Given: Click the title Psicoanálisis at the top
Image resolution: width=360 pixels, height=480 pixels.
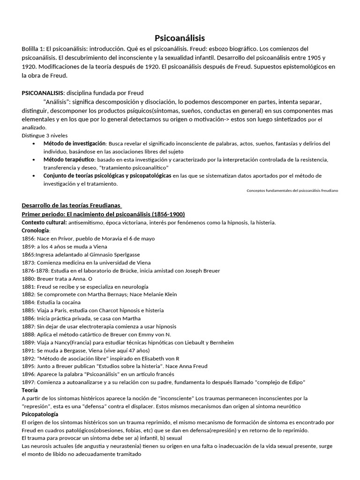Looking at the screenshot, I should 180,38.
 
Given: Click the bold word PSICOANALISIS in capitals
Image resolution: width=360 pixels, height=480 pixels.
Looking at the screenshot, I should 41,93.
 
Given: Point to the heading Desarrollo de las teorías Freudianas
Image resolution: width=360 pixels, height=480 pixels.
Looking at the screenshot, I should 72,205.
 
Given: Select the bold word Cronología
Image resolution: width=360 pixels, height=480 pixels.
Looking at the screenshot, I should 35,230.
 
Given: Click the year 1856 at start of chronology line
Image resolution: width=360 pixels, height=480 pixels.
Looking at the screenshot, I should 28,238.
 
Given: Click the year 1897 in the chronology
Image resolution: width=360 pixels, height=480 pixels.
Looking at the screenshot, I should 28,382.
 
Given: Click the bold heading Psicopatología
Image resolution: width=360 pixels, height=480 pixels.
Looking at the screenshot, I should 40,414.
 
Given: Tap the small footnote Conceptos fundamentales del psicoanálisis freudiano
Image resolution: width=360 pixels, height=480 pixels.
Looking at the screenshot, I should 292,191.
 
